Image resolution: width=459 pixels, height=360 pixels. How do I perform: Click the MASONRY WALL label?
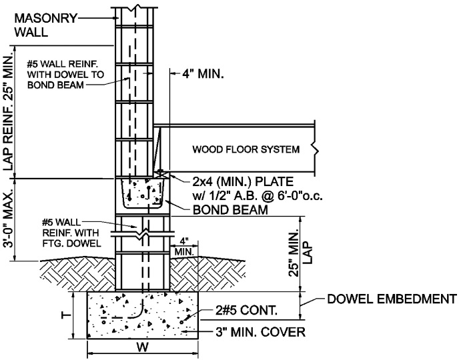(x=41, y=24)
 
